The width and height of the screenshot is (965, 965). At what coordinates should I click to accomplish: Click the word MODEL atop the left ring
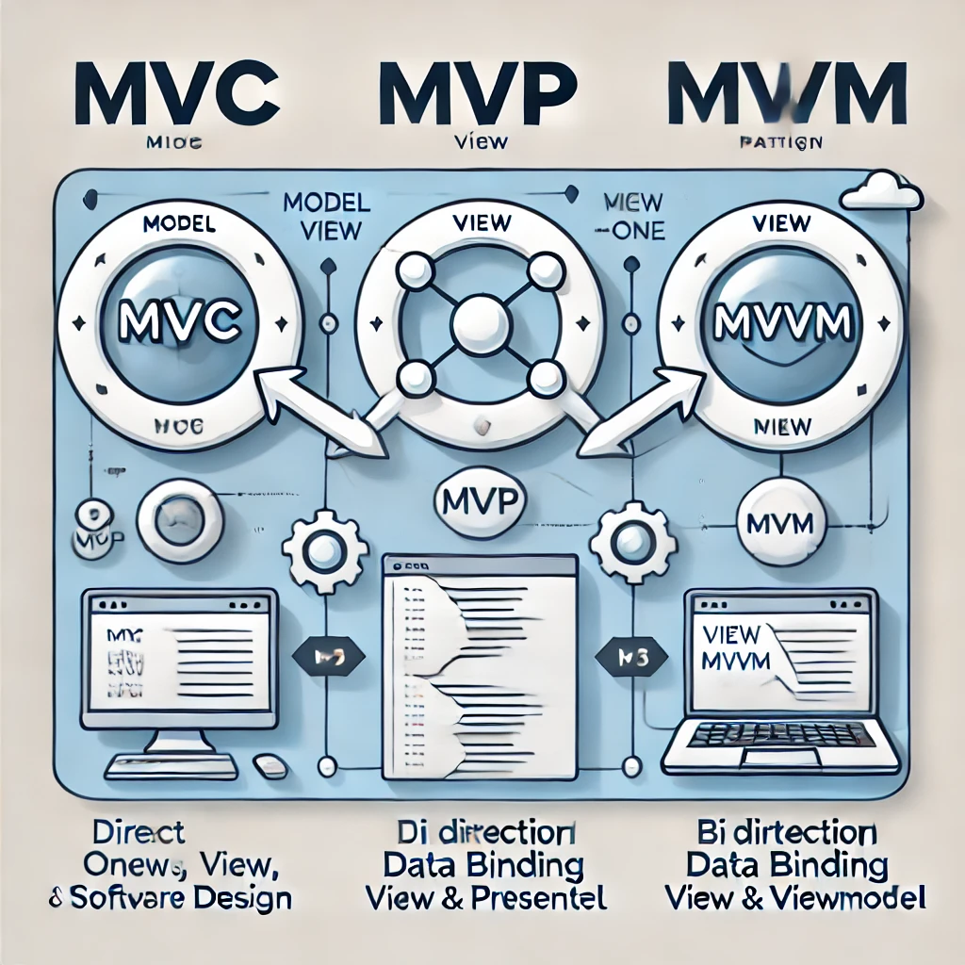tap(180, 226)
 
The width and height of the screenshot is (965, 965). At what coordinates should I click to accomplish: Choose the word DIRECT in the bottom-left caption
tap(139, 833)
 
